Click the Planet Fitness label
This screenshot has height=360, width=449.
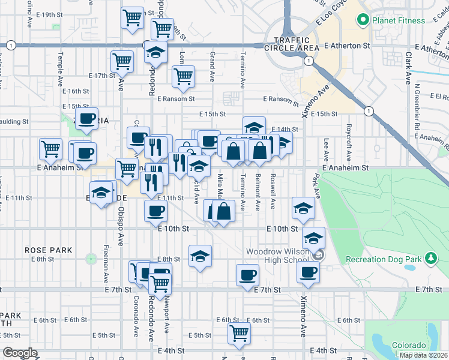(399, 20)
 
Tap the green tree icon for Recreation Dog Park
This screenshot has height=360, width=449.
(430, 259)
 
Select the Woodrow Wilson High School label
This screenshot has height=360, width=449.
(277, 255)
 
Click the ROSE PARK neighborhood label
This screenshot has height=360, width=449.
(49, 250)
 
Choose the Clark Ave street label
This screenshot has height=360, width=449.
(408, 67)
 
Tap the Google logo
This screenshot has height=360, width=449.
(20, 353)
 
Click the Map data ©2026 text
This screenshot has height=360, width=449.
(423, 355)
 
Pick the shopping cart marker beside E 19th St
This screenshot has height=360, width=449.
(132, 16)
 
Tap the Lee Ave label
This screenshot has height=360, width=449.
(326, 151)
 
